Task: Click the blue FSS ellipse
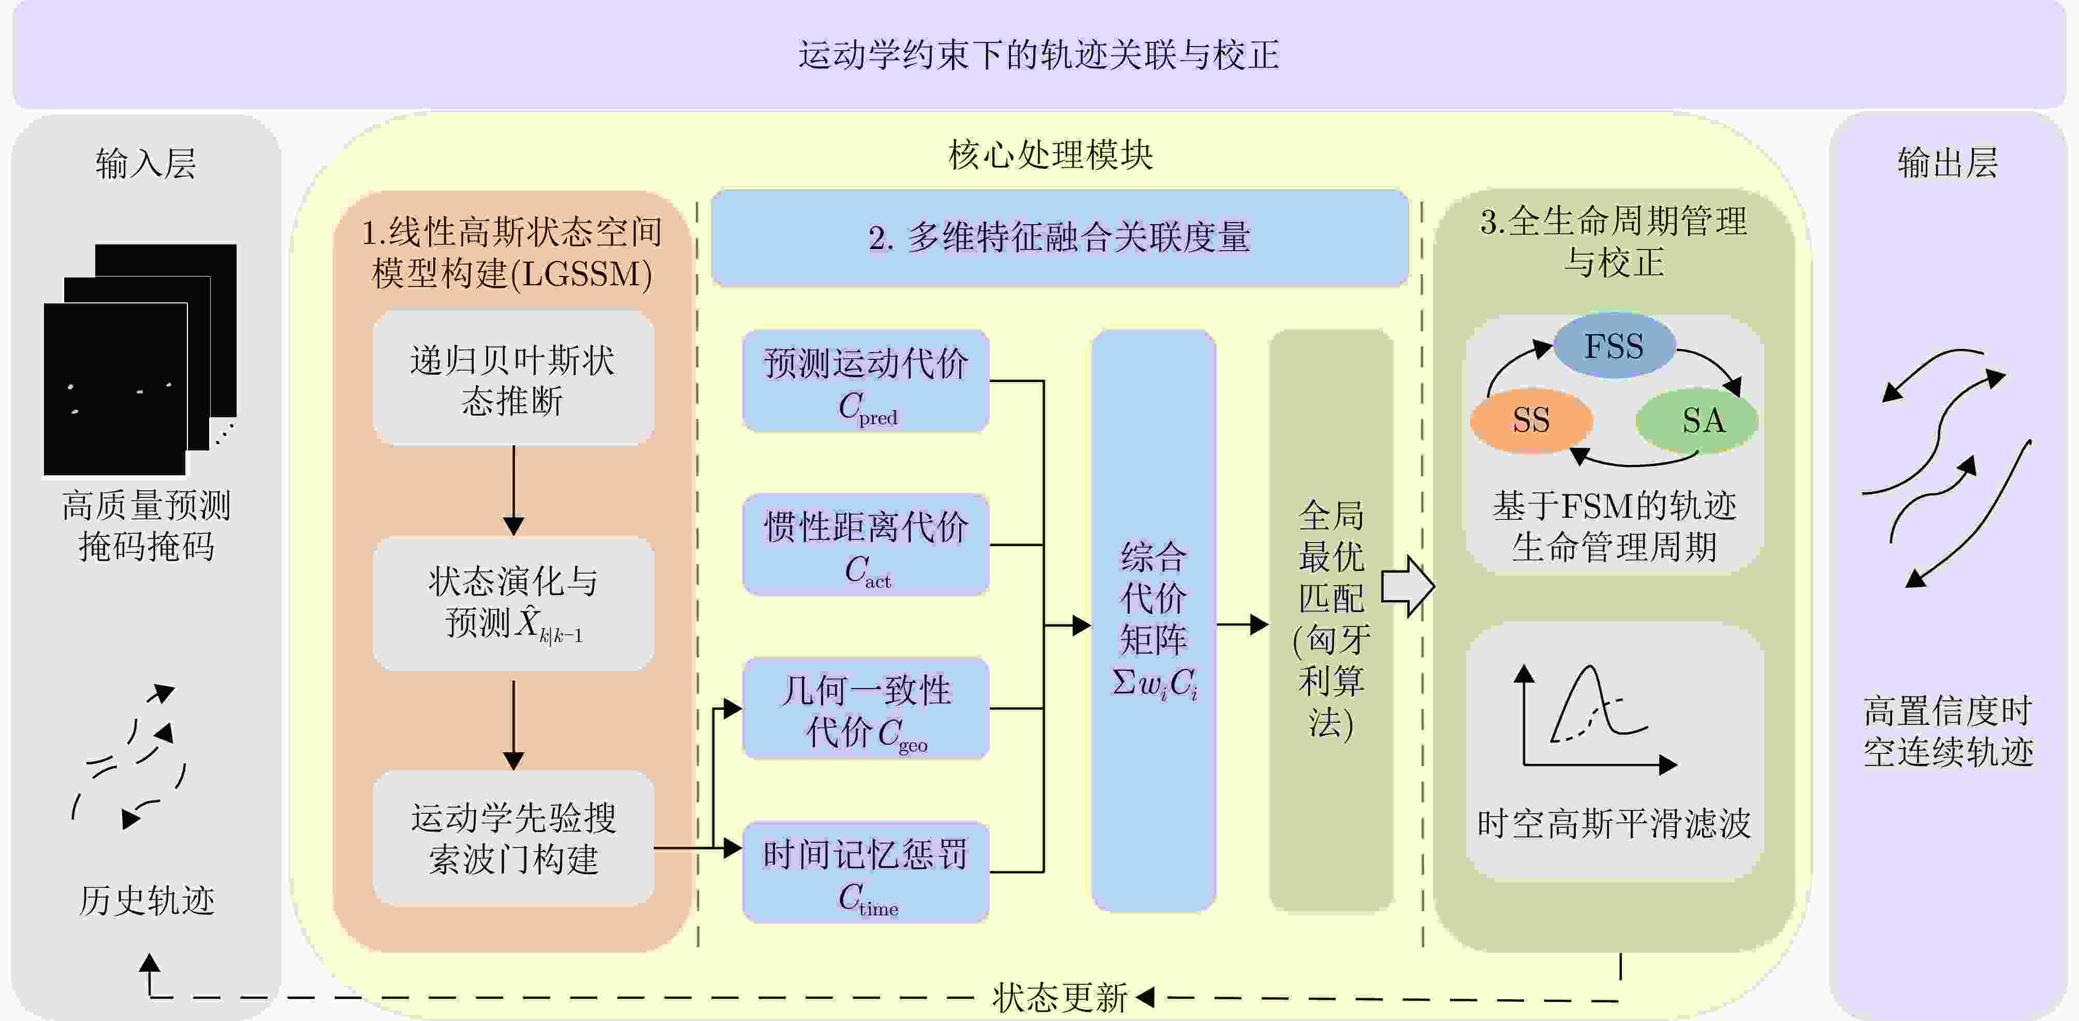[1613, 345]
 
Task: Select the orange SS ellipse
[1531, 420]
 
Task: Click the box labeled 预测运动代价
[865, 381]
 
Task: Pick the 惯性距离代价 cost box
[865, 545]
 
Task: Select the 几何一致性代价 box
[865, 709]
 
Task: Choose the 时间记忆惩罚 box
[865, 872]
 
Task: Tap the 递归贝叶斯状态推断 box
[514, 380]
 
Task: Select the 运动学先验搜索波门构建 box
[514, 838]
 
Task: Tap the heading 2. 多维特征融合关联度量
[1059, 238]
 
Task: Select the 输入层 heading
[146, 163]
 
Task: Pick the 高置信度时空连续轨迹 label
[1948, 731]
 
